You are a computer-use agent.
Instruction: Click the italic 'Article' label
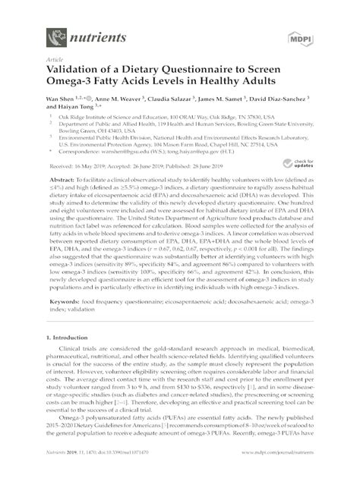coord(54,58)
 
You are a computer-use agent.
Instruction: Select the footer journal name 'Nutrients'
coord(58,470)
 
